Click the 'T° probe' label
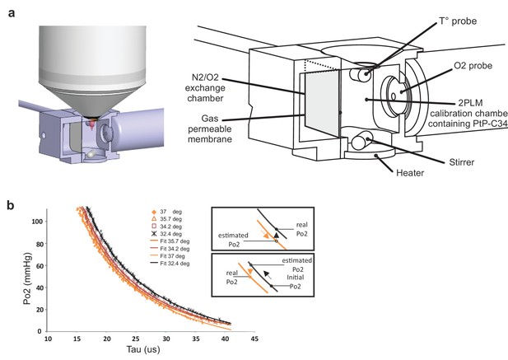(x=458, y=21)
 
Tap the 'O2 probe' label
(x=473, y=65)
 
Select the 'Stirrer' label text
(x=462, y=162)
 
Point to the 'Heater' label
(x=410, y=173)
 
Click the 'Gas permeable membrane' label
(x=210, y=129)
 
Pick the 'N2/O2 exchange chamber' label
(x=205, y=88)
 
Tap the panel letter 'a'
(x=12, y=14)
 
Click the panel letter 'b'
(x=11, y=205)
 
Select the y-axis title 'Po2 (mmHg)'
(x=28, y=278)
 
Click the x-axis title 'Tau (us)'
(x=143, y=349)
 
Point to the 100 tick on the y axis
(x=38, y=222)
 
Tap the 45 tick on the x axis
(x=254, y=339)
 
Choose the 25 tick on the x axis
(x=136, y=339)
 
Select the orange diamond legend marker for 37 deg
(x=154, y=212)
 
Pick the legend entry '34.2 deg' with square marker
(x=166, y=227)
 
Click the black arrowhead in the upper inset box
(x=276, y=236)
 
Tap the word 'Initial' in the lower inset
(x=296, y=278)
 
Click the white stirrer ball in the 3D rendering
(x=91, y=155)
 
